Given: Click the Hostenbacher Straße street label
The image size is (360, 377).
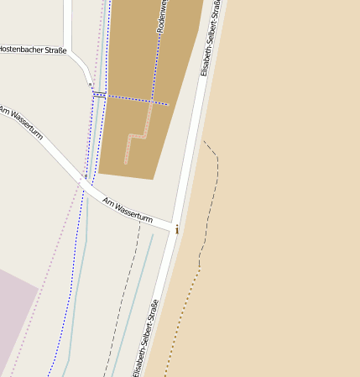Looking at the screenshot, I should point(33,50).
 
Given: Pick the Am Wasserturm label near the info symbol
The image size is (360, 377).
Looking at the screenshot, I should point(128,210).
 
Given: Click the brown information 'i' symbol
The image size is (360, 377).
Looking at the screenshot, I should point(177,229).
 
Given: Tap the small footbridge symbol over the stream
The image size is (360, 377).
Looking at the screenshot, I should point(99,94).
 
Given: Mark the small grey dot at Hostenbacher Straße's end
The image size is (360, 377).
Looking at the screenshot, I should point(91,85).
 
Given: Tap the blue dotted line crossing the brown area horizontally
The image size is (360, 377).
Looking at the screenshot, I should point(134,100).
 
